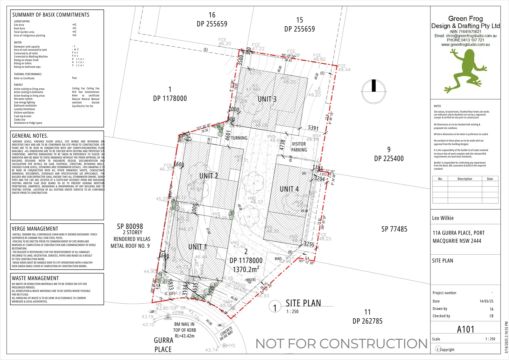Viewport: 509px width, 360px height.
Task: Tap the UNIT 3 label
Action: click(267, 99)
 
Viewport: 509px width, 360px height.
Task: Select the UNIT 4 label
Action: click(289, 189)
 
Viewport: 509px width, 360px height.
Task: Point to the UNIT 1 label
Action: click(198, 247)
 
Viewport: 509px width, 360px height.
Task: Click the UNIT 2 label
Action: click(209, 176)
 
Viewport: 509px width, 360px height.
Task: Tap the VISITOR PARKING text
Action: click(299, 147)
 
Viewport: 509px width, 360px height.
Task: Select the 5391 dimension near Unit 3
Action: click(313, 128)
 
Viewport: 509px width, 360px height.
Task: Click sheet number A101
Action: click(465, 329)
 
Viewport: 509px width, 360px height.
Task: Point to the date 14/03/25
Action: click(486, 301)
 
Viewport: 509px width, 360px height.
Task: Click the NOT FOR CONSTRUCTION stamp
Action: click(341, 344)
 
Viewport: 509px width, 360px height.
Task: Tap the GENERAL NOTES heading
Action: click(30, 136)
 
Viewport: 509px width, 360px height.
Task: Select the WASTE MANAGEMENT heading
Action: click(35, 278)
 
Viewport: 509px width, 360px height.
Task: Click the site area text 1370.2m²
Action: click(246, 269)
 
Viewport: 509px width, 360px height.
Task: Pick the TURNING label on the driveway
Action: click(239, 138)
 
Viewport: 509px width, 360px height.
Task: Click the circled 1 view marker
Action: click(275, 308)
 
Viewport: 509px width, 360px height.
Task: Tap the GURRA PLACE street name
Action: click(163, 345)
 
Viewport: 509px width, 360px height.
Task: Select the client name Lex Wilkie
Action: click(443, 218)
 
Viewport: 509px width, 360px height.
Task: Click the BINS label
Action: click(278, 259)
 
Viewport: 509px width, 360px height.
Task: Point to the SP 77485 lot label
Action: click(394, 229)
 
